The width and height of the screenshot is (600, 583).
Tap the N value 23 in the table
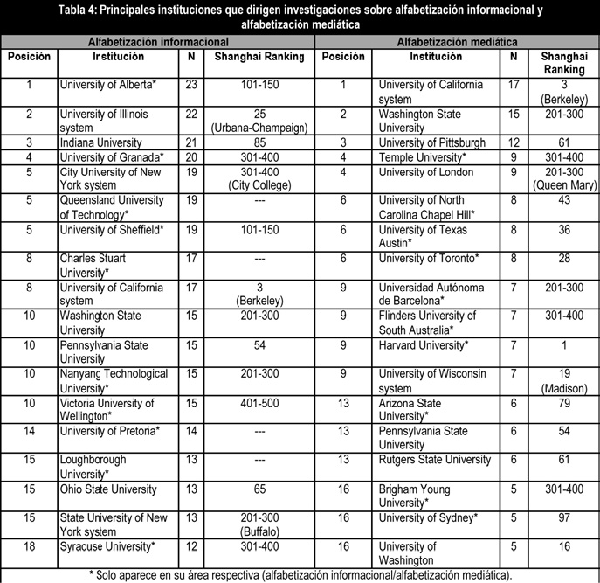pyautogui.click(x=191, y=85)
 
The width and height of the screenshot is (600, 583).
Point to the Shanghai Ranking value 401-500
pyautogui.click(x=259, y=404)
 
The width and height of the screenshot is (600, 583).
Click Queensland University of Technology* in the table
pyautogui.click(x=112, y=206)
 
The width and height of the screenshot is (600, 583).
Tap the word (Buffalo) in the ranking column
pyautogui.click(x=259, y=531)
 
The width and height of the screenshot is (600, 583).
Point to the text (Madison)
pyautogui.click(x=562, y=388)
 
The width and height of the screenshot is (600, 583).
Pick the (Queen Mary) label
pyautogui.click(x=562, y=184)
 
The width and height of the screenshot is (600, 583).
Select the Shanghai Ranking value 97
pyautogui.click(x=562, y=518)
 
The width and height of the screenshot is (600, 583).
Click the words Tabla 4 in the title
pyautogui.click(x=86, y=10)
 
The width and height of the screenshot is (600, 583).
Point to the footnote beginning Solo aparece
pyautogui.click(x=300, y=574)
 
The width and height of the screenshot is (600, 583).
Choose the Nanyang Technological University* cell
pyautogui.click(x=114, y=380)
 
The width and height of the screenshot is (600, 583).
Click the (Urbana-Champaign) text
pyautogui.click(x=259, y=128)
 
